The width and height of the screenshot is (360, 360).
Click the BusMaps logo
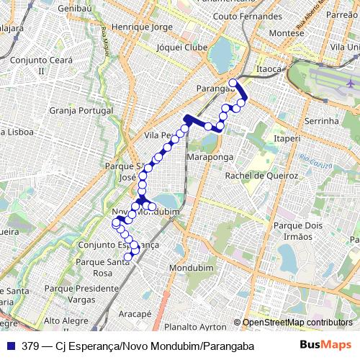click(327, 346)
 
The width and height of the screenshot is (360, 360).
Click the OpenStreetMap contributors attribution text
click(297, 322)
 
